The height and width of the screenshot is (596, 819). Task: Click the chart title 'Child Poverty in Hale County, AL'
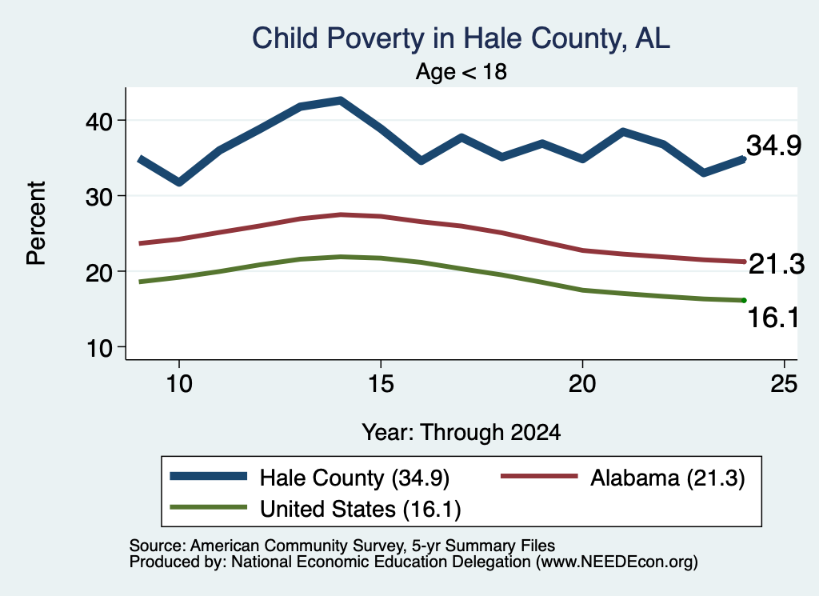point(461,39)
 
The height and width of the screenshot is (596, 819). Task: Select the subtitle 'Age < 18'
point(461,71)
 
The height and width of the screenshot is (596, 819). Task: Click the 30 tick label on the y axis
point(99,197)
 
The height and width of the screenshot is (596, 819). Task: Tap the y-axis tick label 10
point(99,347)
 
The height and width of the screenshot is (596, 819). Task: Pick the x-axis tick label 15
point(381,384)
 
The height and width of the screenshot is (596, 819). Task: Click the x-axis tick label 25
point(784,384)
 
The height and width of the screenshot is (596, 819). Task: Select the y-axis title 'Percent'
point(36,223)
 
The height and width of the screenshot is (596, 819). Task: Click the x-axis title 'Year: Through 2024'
point(461,433)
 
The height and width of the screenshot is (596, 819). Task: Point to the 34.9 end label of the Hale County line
point(773,146)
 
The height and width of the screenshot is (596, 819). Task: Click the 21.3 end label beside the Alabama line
point(777,264)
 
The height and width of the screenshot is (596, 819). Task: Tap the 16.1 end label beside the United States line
point(773,317)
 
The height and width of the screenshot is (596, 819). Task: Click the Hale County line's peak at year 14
point(341,100)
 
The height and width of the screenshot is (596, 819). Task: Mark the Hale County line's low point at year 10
point(179,182)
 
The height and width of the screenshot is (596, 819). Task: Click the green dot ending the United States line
point(744,300)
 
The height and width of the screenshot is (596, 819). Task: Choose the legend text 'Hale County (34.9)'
point(354,478)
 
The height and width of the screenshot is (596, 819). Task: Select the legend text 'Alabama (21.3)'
point(668,478)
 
